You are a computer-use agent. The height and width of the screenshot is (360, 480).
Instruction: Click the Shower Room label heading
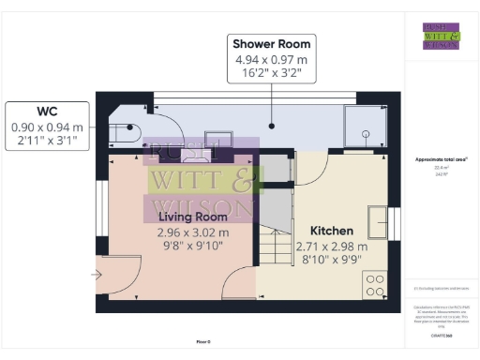pos(271,44)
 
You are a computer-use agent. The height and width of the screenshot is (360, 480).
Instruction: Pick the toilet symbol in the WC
pos(130,132)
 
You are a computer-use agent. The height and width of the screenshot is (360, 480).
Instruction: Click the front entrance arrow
pos(96,275)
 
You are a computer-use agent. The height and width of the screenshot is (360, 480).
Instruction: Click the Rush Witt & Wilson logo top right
pos(441,36)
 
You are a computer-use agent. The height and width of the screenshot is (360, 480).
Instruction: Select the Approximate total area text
pos(441,160)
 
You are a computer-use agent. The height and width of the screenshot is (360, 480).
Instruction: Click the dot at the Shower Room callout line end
pos(271,124)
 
